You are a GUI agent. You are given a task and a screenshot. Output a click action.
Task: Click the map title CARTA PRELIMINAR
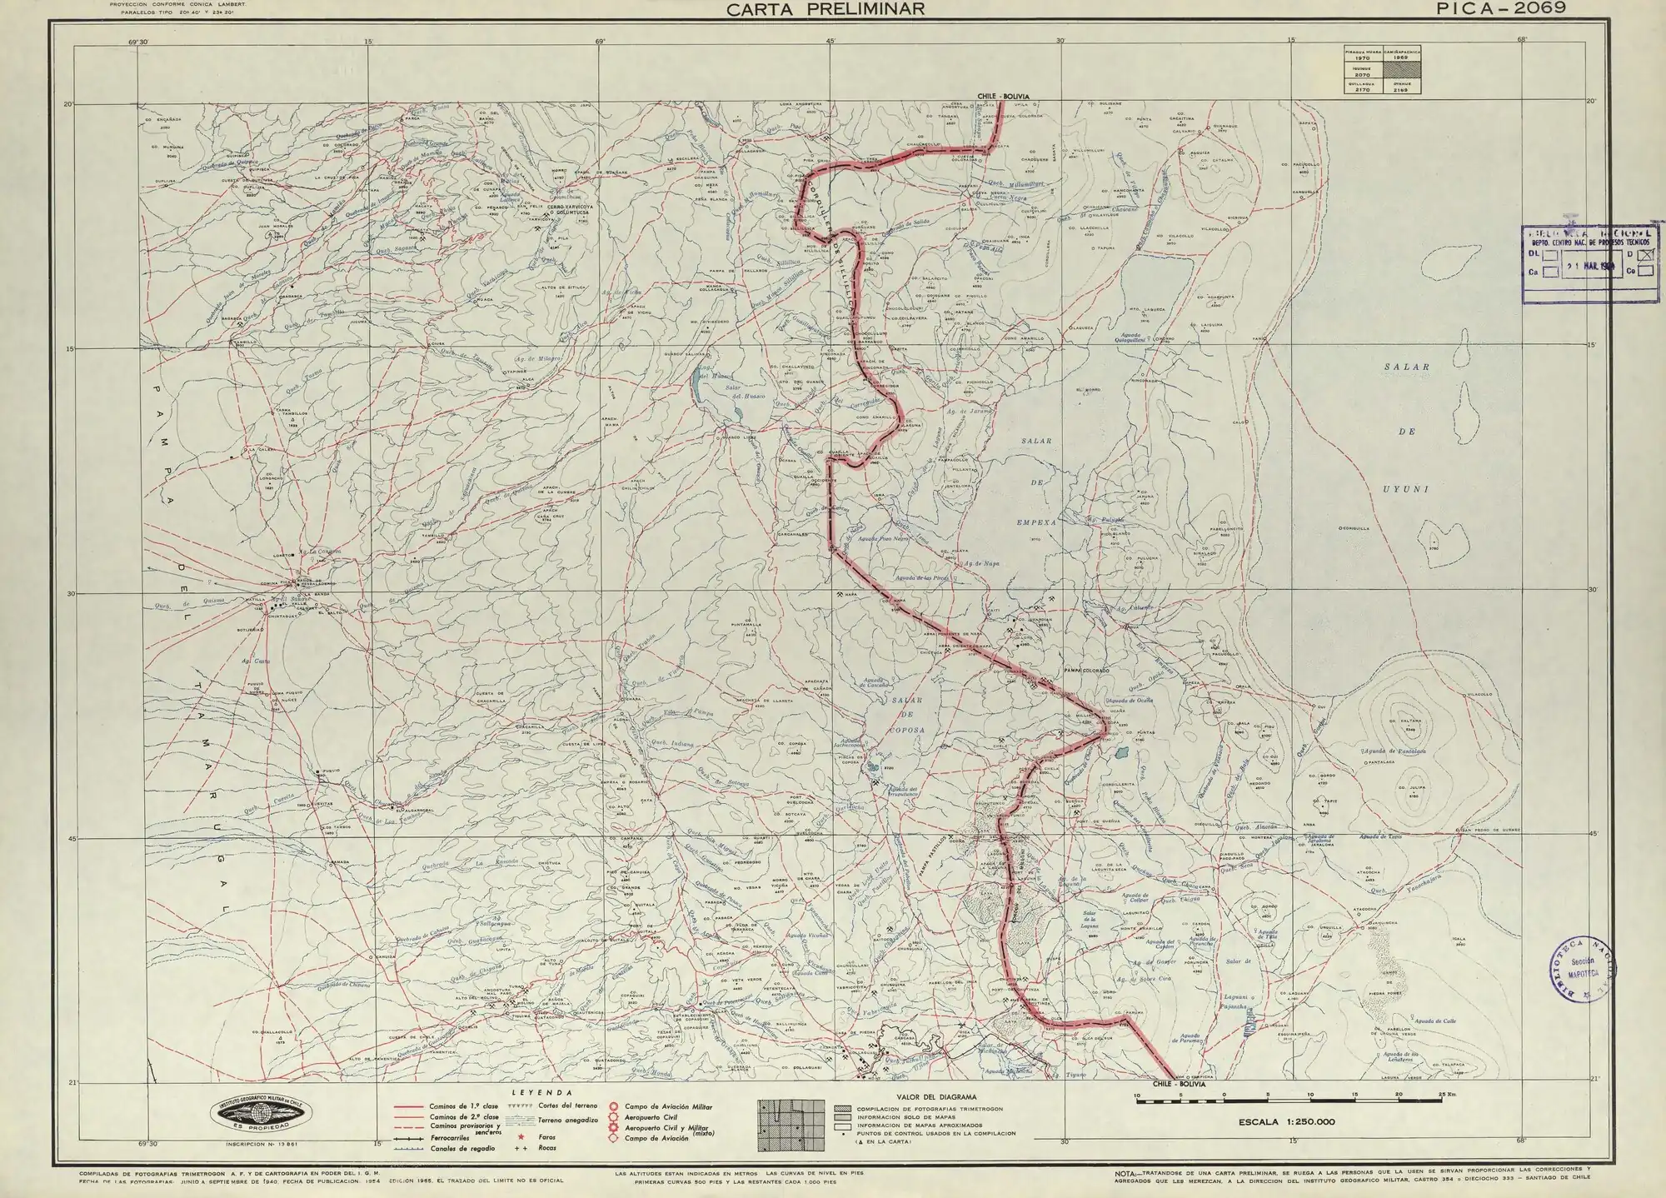point(825,9)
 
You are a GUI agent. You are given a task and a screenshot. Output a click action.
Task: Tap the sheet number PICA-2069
point(1500,8)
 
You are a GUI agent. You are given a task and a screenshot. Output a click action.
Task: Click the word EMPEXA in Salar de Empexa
point(1036,522)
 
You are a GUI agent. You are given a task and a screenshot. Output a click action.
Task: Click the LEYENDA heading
point(531,1091)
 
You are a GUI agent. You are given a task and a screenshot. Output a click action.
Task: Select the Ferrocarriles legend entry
point(455,1137)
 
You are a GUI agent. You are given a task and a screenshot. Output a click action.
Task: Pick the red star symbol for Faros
point(521,1137)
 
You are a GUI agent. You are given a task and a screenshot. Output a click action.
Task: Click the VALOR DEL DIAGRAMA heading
point(937,1097)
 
